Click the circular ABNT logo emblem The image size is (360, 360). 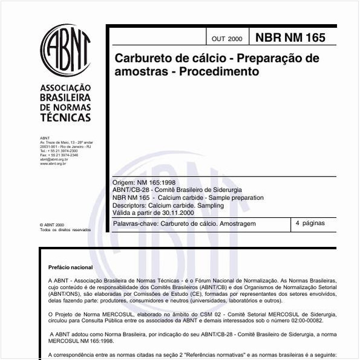65,51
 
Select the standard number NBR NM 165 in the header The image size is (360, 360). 290,38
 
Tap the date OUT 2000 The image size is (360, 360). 227,39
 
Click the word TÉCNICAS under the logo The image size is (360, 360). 65,117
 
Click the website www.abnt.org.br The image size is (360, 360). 53,163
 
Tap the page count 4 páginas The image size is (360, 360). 310,223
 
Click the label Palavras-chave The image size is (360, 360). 134,224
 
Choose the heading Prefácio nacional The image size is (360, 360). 70,267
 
